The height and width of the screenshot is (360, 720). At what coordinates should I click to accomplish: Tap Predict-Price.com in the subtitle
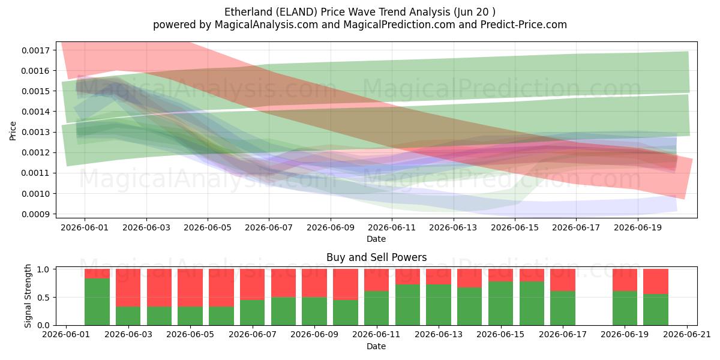click(x=524, y=25)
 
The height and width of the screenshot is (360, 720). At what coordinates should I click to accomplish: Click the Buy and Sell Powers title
click(x=376, y=257)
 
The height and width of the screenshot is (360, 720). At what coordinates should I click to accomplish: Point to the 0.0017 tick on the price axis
click(x=35, y=50)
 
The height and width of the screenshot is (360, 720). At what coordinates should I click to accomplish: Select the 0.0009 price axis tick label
click(x=35, y=214)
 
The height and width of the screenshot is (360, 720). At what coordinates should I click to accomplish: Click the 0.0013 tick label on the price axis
click(x=35, y=132)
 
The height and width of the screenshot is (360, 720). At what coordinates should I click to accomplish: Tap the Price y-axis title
click(x=13, y=131)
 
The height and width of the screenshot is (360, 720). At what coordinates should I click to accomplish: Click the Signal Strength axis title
click(x=28, y=296)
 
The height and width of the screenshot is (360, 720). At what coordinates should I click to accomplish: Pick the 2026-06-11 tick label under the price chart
click(x=392, y=227)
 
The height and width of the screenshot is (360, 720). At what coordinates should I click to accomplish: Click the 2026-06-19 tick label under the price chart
click(x=638, y=227)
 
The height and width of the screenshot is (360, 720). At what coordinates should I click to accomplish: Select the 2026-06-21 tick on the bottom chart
click(x=687, y=335)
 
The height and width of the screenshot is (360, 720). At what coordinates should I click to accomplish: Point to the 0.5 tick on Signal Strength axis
click(x=43, y=298)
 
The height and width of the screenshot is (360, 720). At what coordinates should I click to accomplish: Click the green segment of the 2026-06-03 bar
click(x=128, y=316)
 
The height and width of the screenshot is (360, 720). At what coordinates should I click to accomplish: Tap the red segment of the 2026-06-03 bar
click(x=128, y=287)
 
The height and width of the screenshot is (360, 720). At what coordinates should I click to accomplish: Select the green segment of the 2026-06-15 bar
click(x=501, y=304)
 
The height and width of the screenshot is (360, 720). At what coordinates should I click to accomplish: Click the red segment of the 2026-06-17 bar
click(x=563, y=280)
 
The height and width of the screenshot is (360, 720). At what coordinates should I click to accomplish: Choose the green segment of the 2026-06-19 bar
click(x=625, y=308)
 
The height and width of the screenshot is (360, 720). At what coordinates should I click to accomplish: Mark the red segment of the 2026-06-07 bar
click(x=253, y=284)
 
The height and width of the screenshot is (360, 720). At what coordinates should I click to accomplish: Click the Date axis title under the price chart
click(x=376, y=239)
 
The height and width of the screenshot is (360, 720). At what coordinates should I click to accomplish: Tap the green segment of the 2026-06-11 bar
click(x=376, y=308)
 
